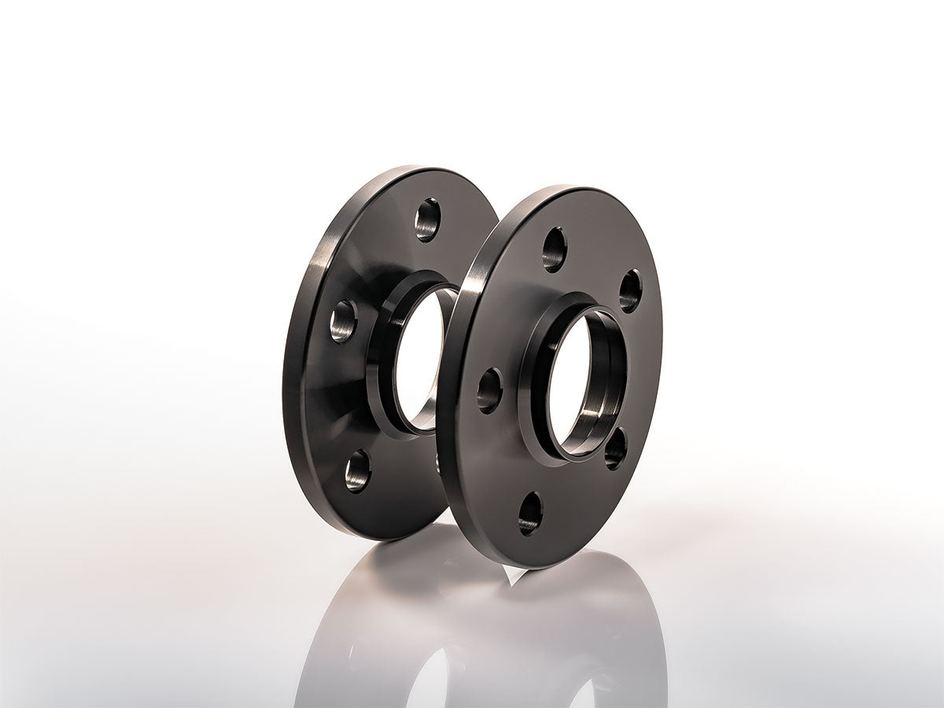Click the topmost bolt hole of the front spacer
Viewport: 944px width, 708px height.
pyautogui.click(x=555, y=249)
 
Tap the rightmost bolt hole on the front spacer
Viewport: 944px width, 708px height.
pyautogui.click(x=630, y=290)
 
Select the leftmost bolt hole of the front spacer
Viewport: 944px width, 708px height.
pyautogui.click(x=489, y=390)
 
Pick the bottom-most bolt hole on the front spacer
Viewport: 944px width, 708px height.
pyautogui.click(x=530, y=513)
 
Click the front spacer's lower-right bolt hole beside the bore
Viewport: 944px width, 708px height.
pyautogui.click(x=615, y=449)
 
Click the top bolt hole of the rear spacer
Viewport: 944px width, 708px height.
pyautogui.click(x=427, y=219)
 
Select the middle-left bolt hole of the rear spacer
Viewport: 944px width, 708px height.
pyautogui.click(x=343, y=321)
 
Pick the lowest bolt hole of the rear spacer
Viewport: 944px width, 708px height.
pyautogui.click(x=358, y=470)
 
